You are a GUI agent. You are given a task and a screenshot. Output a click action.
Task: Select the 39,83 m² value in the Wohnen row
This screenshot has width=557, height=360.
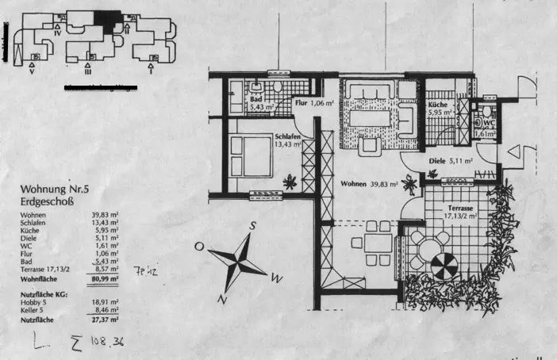(105, 215)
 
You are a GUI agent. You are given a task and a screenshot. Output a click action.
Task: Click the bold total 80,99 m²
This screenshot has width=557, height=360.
(104, 278)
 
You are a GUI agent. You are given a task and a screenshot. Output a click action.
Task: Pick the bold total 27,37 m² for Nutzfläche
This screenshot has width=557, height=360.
(105, 320)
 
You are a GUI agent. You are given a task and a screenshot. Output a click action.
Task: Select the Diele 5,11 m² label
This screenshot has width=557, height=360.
(451, 160)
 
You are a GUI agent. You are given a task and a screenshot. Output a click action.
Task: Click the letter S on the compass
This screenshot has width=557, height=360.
(252, 224)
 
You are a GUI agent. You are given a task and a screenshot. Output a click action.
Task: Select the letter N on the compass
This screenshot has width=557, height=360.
(223, 300)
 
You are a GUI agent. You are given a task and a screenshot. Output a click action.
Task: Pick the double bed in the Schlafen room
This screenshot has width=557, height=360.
(253, 154)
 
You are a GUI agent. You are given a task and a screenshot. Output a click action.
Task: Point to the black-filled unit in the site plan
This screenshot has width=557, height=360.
(107, 20)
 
